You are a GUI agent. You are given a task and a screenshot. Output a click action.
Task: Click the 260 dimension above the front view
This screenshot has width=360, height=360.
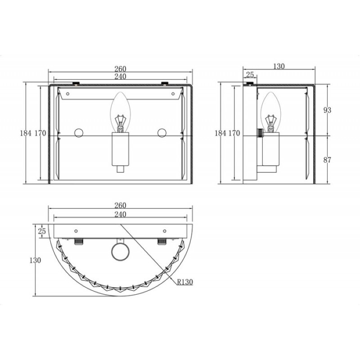120,69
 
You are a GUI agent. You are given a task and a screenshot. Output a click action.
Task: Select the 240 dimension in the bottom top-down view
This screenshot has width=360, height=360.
120,215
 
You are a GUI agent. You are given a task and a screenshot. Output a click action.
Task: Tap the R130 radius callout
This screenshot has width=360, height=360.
185,282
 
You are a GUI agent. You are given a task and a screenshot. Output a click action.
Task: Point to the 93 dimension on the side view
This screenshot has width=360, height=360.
327,110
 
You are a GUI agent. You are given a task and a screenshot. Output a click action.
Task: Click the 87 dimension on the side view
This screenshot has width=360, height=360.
327,160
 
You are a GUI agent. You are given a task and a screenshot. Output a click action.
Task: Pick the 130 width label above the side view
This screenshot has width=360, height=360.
279,66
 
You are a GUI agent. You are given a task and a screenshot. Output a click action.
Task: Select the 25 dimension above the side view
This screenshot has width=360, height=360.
250,75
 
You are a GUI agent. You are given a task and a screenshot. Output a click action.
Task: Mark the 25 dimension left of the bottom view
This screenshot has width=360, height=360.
42,231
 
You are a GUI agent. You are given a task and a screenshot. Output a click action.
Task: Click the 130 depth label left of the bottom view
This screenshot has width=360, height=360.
35,260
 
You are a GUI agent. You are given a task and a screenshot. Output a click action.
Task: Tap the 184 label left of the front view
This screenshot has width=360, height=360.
26,133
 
